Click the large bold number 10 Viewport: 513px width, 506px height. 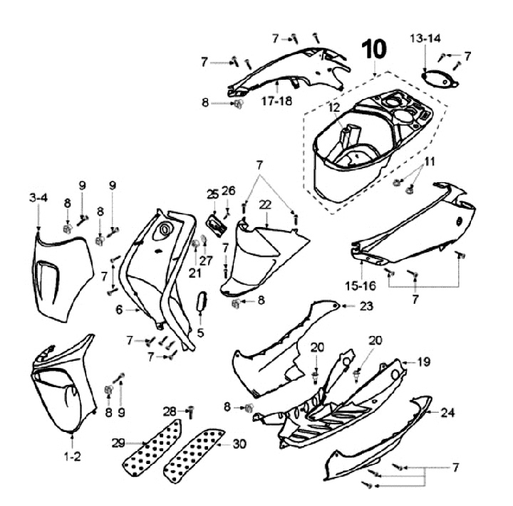[376, 50]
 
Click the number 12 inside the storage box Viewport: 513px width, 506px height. [333, 107]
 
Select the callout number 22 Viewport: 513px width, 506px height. [265, 204]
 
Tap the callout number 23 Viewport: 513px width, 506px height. [366, 306]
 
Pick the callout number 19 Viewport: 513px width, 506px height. [424, 362]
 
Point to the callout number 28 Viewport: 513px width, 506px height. [168, 410]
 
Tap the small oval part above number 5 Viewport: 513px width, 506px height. [202, 301]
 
